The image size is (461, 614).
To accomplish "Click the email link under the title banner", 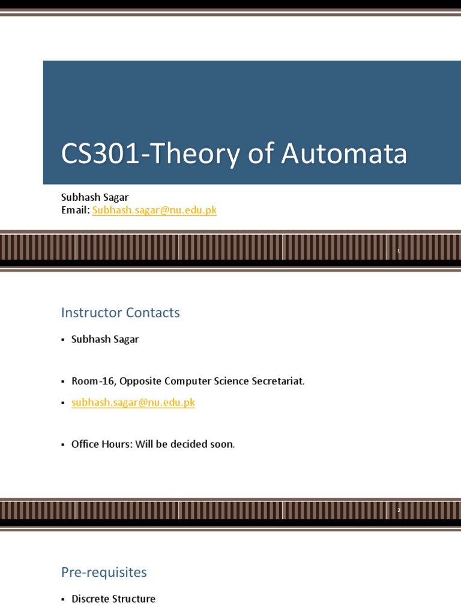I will point(154,210).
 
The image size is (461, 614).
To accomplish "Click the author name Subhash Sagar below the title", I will point(95,197).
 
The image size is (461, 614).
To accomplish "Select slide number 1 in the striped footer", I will point(398,251).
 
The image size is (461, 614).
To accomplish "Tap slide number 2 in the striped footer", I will point(398,510).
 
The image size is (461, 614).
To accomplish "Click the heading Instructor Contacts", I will point(120,312).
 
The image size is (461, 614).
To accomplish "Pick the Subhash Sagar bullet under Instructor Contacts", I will point(105,339).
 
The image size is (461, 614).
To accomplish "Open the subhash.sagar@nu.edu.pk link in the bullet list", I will point(133,403).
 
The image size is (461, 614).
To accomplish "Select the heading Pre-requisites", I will point(104,572).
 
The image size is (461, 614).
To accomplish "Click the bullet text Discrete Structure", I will point(113,599).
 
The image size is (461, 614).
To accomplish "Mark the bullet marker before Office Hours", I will point(62,445).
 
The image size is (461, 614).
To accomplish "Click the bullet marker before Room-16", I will point(62,382).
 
